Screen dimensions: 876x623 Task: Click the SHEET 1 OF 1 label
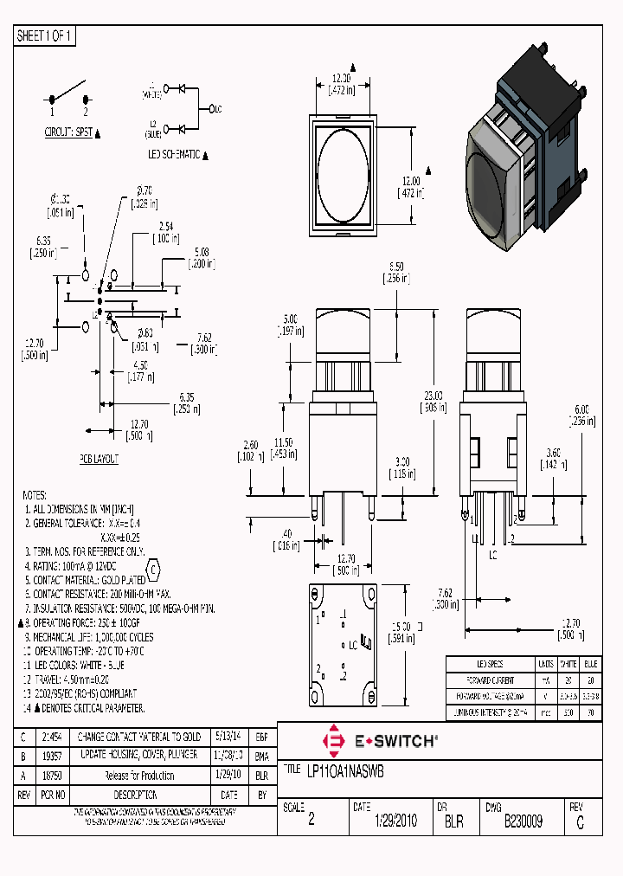point(46,35)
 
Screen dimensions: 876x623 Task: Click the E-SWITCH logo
point(380,741)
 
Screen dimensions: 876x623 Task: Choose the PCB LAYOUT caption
point(99,459)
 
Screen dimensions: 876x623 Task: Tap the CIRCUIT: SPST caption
point(68,132)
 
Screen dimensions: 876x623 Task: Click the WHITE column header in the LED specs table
point(568,663)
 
